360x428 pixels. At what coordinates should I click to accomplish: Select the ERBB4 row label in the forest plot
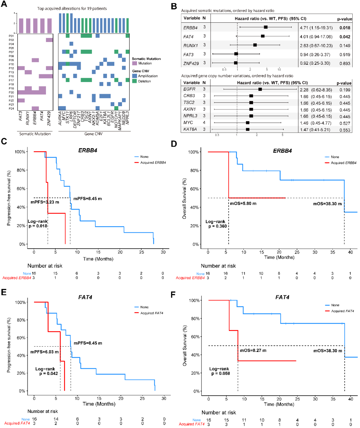click(x=190, y=28)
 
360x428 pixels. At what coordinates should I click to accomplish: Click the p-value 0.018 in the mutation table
click(x=345, y=28)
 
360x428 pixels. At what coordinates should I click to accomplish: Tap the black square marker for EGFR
click(x=260, y=89)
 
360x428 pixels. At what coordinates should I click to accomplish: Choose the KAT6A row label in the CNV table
click(x=190, y=129)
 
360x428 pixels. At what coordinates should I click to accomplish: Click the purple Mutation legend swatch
click(x=135, y=63)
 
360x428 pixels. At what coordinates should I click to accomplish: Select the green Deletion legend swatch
click(x=135, y=81)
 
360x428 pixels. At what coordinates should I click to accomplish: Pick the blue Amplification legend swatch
click(x=135, y=76)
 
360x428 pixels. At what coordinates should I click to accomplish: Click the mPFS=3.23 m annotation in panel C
click(x=45, y=202)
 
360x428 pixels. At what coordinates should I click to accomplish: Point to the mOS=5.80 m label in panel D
click(x=243, y=203)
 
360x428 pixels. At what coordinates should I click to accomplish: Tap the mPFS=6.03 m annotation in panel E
click(x=44, y=352)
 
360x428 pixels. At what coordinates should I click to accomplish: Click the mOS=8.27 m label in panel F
click(x=253, y=351)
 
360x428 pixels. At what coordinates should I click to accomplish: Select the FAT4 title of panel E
click(x=85, y=297)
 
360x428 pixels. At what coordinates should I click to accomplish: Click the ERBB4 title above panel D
click(x=282, y=151)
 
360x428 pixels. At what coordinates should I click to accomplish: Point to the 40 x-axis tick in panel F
click(x=351, y=399)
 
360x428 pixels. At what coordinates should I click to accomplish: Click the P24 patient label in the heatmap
click(x=11, y=108)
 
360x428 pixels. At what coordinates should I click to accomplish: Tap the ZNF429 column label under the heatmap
click(x=49, y=118)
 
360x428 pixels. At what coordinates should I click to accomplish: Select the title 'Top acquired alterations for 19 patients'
click(x=72, y=8)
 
